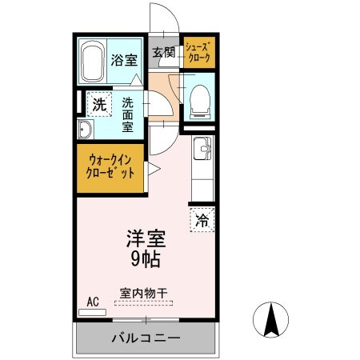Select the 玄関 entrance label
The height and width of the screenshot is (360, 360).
(x=164, y=53)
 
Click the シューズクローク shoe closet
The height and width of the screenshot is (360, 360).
(x=197, y=53)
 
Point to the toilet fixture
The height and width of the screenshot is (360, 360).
(x=198, y=99)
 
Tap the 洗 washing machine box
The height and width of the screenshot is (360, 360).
(x=99, y=103)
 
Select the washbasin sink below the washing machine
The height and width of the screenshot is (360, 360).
(x=86, y=130)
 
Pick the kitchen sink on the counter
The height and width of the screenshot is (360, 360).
(x=202, y=147)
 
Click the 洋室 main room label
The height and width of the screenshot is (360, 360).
(x=146, y=238)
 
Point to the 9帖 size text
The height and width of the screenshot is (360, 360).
(x=146, y=258)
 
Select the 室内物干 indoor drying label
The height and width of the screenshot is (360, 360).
(x=143, y=293)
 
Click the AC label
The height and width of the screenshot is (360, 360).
(x=93, y=302)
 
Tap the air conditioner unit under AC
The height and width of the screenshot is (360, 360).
(x=93, y=312)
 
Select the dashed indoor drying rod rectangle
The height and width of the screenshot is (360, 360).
(x=143, y=303)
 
